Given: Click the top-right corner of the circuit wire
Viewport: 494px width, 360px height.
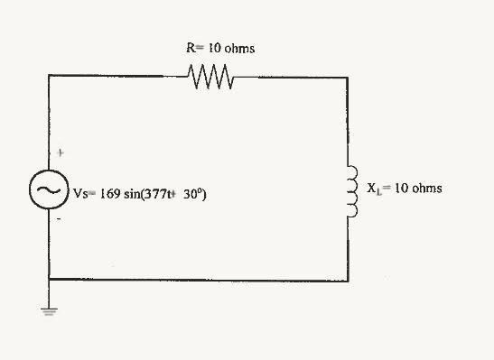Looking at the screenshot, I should tap(347, 78).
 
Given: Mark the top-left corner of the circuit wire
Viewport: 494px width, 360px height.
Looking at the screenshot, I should tap(48, 78).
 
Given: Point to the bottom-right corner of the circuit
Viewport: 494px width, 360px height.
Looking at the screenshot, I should tap(347, 277).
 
